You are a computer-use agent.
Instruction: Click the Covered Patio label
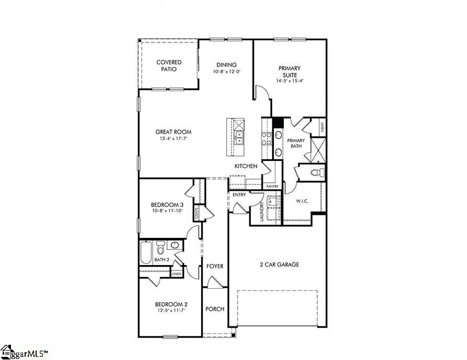click(169, 66)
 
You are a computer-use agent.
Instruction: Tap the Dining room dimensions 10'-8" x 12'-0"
click(226, 72)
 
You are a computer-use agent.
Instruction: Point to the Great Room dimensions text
click(173, 139)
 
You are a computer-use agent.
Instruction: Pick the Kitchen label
click(246, 166)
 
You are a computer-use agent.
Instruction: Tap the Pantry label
click(272, 187)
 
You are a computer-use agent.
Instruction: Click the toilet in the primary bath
click(315, 172)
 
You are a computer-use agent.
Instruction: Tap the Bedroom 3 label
click(167, 205)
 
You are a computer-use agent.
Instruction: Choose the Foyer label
click(215, 266)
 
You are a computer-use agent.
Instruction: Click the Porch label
click(215, 309)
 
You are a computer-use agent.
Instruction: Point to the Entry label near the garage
click(239, 195)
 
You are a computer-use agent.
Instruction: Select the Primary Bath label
click(296, 143)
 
